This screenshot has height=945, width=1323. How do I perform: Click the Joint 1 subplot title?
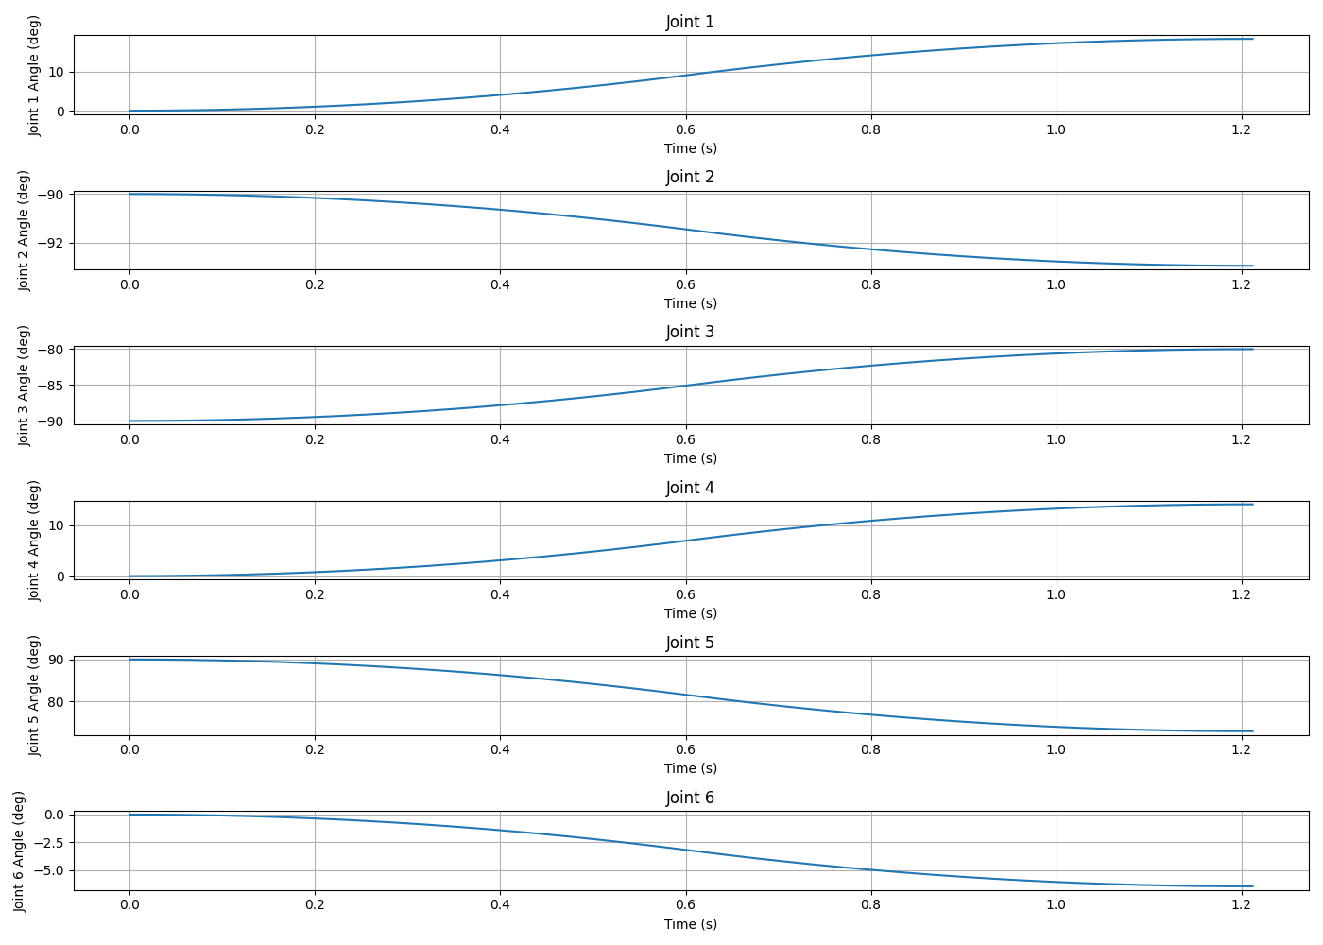pos(690,22)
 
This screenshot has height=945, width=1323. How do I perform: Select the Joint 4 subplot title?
pos(690,488)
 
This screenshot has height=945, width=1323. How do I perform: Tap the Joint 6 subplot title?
pos(690,798)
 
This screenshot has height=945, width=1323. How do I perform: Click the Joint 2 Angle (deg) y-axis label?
pos(23,231)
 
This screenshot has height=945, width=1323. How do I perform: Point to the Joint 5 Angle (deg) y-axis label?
pos(34,696)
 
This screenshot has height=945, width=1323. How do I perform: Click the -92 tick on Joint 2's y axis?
pos(51,244)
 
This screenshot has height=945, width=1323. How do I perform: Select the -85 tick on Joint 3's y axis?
pos(51,386)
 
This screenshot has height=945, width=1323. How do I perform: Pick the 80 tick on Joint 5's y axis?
pos(57,702)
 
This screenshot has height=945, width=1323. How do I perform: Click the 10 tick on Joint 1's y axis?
pos(57,73)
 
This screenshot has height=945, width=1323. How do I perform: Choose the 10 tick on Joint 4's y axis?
pos(57,525)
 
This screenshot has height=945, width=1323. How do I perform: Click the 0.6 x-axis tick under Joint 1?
pos(686,129)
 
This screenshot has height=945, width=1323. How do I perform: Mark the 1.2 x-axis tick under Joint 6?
pos(1242,905)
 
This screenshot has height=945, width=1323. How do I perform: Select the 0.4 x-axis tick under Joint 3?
pos(500,439)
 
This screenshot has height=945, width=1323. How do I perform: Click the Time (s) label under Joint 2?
pos(691,303)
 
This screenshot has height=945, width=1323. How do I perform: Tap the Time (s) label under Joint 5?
pos(691,767)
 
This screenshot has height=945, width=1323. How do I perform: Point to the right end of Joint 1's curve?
pos(1253,39)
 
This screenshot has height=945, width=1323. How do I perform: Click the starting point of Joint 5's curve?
pos(130,660)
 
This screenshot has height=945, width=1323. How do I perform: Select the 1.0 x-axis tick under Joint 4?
pos(1057,594)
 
